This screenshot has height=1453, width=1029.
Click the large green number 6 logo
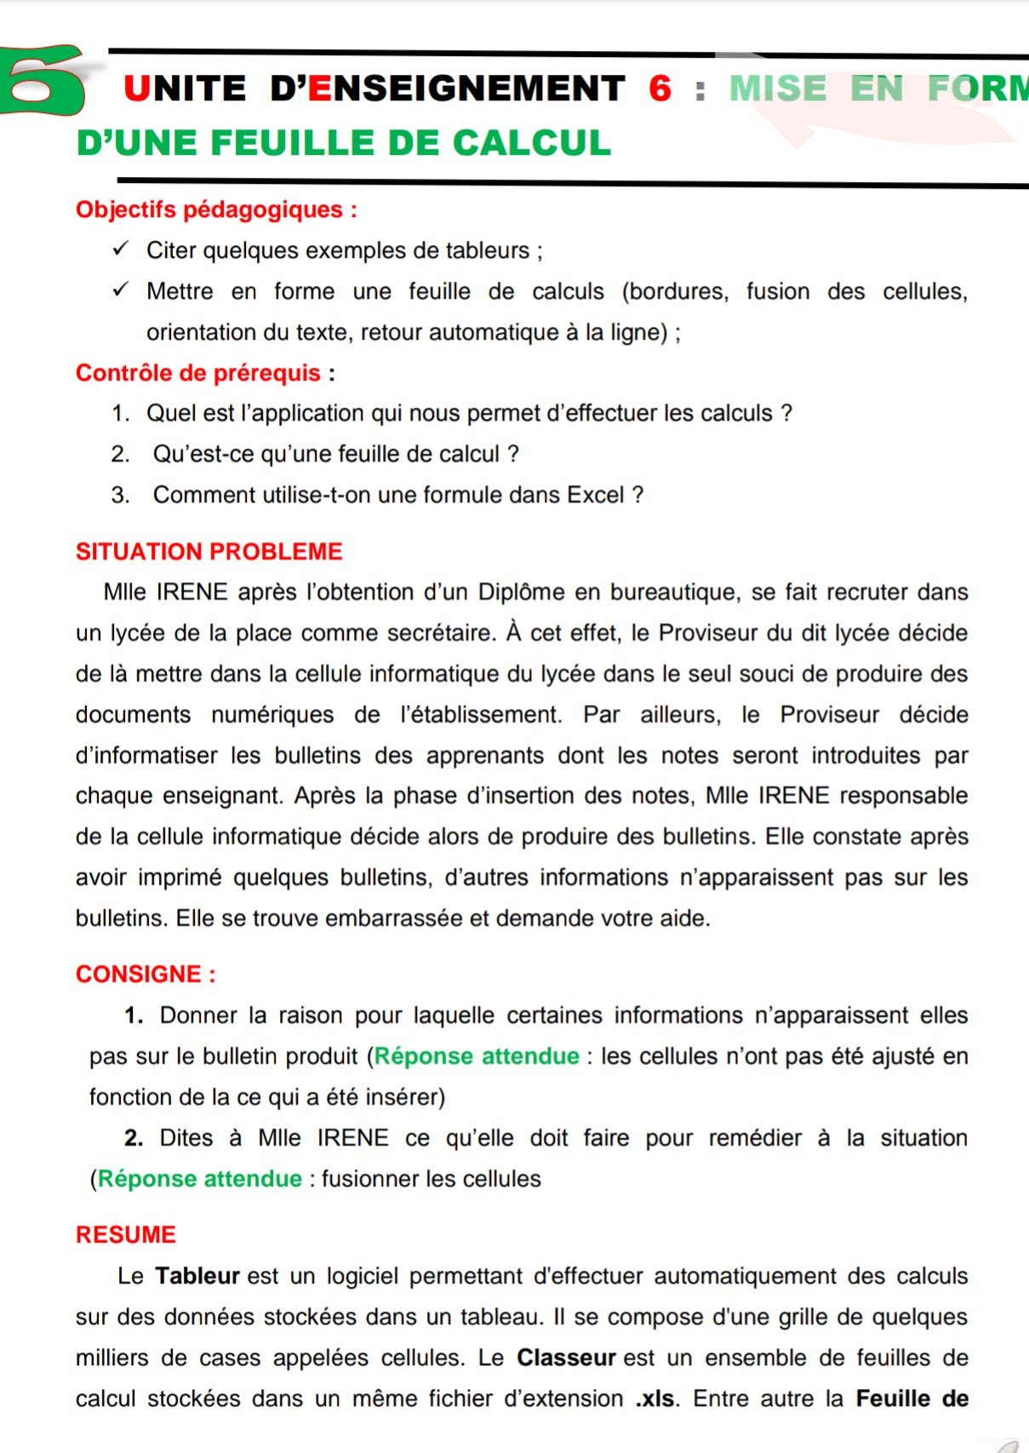point(43,82)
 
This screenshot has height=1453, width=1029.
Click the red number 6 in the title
point(660,89)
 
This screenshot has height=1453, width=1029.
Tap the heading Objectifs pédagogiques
point(215,209)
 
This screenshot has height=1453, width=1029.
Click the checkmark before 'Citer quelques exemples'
point(120,249)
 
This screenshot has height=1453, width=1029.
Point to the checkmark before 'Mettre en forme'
point(120,290)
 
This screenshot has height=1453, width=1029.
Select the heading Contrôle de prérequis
point(204,373)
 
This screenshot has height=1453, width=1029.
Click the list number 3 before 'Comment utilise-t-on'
point(119,495)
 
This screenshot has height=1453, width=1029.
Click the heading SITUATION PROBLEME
point(209,552)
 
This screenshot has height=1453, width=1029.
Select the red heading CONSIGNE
point(145,975)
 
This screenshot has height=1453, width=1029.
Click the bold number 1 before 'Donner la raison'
point(133,1015)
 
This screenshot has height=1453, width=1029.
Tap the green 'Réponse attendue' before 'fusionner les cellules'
point(200,1179)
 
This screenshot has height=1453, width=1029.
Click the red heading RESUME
point(126,1235)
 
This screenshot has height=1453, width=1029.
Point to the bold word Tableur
point(197,1276)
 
